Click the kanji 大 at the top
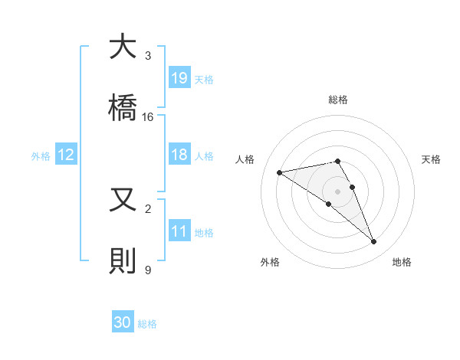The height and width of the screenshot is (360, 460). click(123, 47)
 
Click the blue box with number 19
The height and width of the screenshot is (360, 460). click(179, 78)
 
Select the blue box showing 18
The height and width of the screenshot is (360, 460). click(179, 155)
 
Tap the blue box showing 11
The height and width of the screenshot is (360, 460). click(179, 231)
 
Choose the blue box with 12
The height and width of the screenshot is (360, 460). click(66, 155)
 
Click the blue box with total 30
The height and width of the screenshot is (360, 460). click(123, 322)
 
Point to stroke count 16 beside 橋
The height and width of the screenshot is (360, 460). click(148, 117)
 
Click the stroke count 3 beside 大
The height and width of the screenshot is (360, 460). click(148, 56)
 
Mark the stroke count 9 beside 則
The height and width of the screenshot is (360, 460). click(148, 270)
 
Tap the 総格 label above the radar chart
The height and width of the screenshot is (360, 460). click(338, 100)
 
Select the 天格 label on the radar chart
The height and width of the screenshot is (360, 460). click(431, 159)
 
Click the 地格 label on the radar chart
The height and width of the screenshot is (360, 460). click(402, 262)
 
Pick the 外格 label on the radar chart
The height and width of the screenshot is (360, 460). click(270, 262)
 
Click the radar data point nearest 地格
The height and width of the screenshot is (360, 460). click(374, 242)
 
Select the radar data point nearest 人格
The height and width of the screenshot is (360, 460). click(280, 172)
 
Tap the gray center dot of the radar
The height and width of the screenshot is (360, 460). click(338, 191)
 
